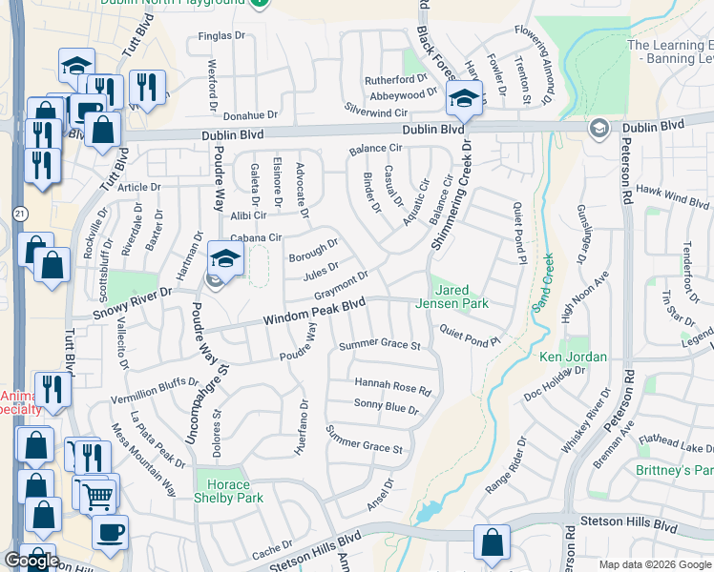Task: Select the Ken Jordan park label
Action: point(573,357)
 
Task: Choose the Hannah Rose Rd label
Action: point(393,386)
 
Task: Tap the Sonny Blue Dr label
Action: point(387,407)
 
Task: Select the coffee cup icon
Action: point(110,531)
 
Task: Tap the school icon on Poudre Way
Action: point(225,259)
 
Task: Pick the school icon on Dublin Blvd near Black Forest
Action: point(465,98)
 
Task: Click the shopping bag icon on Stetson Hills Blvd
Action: point(491,542)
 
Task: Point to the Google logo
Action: point(31,560)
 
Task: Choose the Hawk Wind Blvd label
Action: point(672,196)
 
